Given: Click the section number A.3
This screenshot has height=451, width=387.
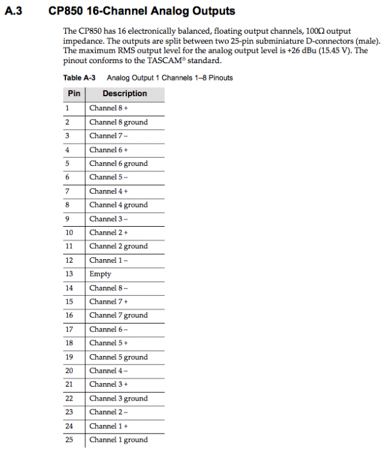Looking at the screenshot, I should pyautogui.click(x=13, y=11).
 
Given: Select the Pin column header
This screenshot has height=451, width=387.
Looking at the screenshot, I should pyautogui.click(x=74, y=94).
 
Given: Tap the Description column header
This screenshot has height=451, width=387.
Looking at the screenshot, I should pyautogui.click(x=124, y=94).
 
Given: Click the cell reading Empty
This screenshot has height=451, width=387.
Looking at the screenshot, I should pyautogui.click(x=100, y=274).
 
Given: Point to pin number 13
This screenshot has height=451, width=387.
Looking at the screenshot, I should pyautogui.click(x=69, y=274).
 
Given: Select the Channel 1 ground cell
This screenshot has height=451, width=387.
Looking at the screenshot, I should pyautogui.click(x=118, y=440).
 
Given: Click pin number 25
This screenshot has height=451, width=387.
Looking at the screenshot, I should pyautogui.click(x=69, y=440).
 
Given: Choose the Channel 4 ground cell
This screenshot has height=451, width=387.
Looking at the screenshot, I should pyautogui.click(x=118, y=205).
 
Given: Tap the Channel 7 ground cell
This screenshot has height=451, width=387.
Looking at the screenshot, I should pyautogui.click(x=118, y=316).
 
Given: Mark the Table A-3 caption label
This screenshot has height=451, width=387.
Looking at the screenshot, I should pyautogui.click(x=79, y=78).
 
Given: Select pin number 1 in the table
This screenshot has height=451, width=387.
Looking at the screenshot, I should pyautogui.click(x=67, y=108).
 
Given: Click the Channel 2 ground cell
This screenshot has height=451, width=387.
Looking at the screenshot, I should pyautogui.click(x=118, y=247).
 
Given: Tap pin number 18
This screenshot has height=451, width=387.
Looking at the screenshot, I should pyautogui.click(x=69, y=343).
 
